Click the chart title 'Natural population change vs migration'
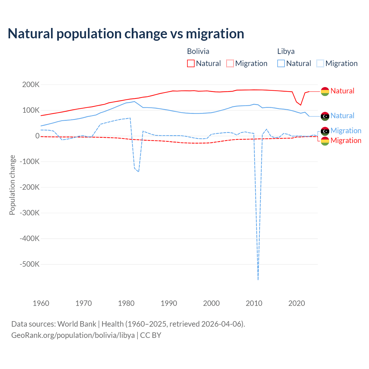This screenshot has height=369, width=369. click(126, 34)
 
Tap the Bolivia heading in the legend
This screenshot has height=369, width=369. click(198, 51)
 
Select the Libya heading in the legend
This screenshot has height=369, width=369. click(286, 51)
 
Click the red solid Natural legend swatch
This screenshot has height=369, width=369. click(191, 63)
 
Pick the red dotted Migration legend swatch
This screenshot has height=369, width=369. click(230, 63)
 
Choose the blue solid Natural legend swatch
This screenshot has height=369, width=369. click(281, 63)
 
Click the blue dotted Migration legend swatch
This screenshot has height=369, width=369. click(320, 63)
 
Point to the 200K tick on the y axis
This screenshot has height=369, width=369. click(31, 85)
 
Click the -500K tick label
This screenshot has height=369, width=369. click(30, 264)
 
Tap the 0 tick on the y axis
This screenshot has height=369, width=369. click(37, 136)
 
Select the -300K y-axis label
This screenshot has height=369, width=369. click(30, 213)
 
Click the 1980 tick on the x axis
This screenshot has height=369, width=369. click(126, 303)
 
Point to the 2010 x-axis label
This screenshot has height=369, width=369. click(254, 303)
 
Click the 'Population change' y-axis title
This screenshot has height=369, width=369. click(12, 185)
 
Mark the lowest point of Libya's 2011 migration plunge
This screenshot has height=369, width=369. click(258, 279)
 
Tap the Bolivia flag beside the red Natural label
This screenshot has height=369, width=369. click(325, 91)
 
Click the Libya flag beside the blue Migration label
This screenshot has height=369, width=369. click(325, 131)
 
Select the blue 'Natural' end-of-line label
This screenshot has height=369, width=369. click(342, 116)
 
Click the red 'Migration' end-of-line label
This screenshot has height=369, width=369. click(346, 141)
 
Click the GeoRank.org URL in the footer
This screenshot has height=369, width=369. click(73, 335)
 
